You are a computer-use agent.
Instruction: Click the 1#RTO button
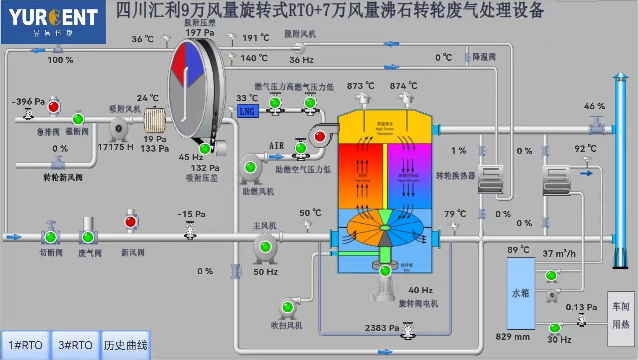pyautogui.click(x=26, y=345)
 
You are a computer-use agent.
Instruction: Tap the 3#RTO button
pyautogui.click(x=75, y=345)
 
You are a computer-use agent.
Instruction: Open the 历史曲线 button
pyautogui.click(x=125, y=345)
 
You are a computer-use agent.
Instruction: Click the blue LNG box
pyautogui.click(x=248, y=111)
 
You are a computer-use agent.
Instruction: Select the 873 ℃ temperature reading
pyautogui.click(x=360, y=86)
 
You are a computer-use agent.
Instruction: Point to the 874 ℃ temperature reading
pyautogui.click(x=403, y=86)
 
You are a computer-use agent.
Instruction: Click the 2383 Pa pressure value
pyautogui.click(x=382, y=328)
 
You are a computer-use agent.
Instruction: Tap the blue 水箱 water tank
pyautogui.click(x=521, y=293)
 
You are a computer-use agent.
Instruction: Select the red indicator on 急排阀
pyautogui.click(x=54, y=107)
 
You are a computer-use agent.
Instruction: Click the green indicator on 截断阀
pyautogui.click(x=78, y=119)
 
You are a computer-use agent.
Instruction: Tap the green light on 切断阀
pyautogui.click(x=51, y=237)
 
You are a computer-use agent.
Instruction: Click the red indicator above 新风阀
pyautogui.click(x=130, y=222)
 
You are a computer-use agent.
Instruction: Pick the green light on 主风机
pyautogui.click(x=266, y=247)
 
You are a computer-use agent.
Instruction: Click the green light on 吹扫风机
pyautogui.click(x=288, y=307)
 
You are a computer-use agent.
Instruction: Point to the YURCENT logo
pyautogui.click(x=53, y=22)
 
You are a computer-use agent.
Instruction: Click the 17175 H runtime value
pyautogui.click(x=115, y=147)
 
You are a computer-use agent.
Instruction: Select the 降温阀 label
pyautogui.click(x=484, y=57)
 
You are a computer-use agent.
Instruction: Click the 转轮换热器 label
pyautogui.click(x=455, y=176)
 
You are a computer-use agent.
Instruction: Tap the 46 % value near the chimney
pyautogui.click(x=594, y=106)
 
